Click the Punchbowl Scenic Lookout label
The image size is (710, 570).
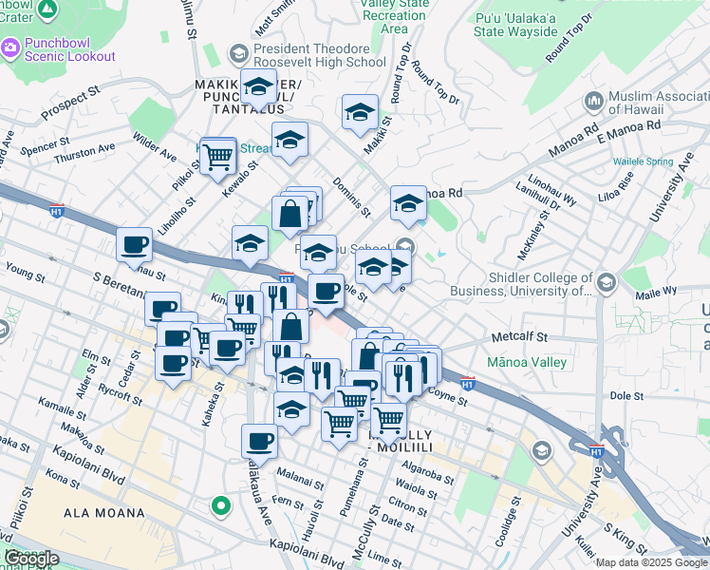(65, 48)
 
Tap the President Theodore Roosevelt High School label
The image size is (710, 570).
(319, 55)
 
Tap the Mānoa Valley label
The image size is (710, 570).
(526, 362)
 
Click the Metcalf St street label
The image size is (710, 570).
(520, 337)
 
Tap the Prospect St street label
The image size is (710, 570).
(70, 104)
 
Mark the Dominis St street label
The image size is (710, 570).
(350, 195)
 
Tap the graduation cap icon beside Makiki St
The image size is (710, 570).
(360, 113)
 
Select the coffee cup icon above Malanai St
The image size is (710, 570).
(260, 440)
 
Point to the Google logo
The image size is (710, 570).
(31, 559)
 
